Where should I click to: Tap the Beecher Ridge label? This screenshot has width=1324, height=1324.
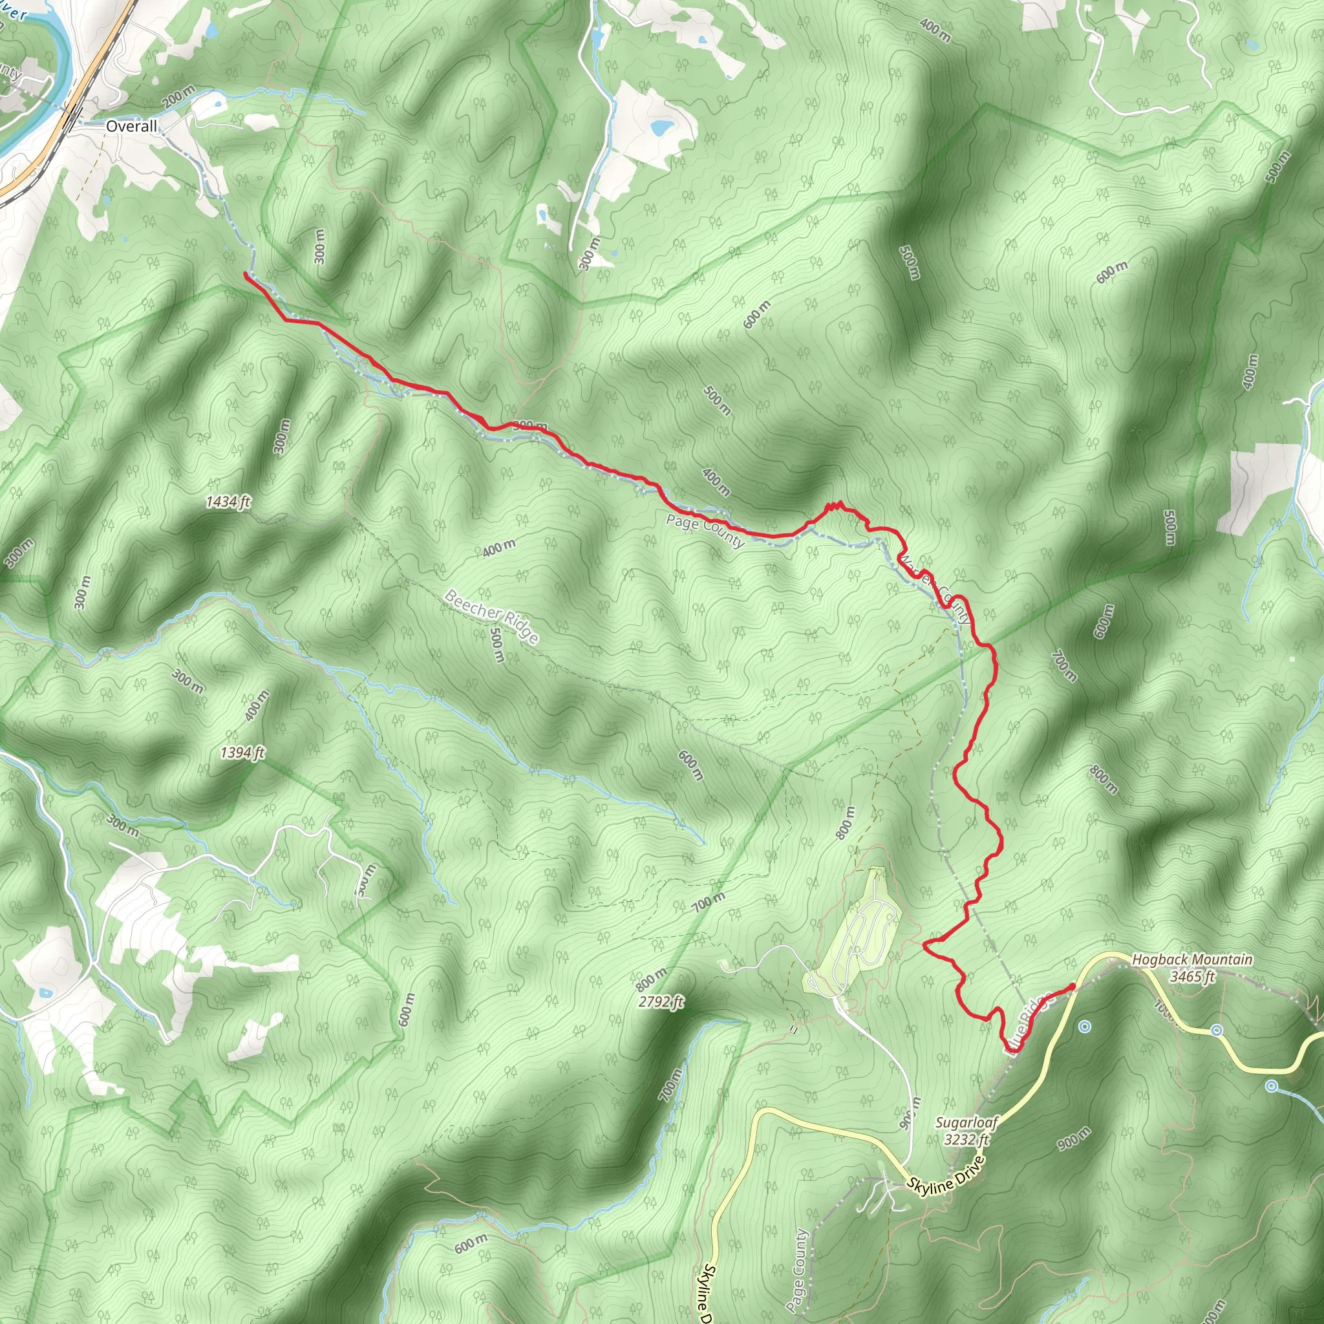pyautogui.click(x=491, y=615)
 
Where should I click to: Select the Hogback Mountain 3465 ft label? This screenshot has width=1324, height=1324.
pyautogui.click(x=1191, y=968)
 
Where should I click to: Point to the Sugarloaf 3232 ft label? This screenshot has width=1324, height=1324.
pyautogui.click(x=966, y=1131)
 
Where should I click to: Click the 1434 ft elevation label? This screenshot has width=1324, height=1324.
pyautogui.click(x=228, y=502)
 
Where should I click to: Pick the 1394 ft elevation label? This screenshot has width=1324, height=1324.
pyautogui.click(x=242, y=753)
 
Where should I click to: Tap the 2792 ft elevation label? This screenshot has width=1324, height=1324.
pyautogui.click(x=661, y=1002)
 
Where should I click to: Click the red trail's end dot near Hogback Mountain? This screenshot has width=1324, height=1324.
pyautogui.click(x=1072, y=986)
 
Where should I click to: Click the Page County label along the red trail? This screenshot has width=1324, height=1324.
pyautogui.click(x=705, y=531)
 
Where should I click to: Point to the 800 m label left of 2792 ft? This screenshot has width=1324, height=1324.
pyautogui.click(x=650, y=980)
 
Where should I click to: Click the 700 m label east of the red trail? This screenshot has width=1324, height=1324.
pyautogui.click(x=1064, y=665)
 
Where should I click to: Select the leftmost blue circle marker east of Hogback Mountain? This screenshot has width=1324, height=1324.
pyautogui.click(x=1084, y=1027)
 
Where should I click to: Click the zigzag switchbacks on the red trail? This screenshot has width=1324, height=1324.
pyautogui.click(x=833, y=506)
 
